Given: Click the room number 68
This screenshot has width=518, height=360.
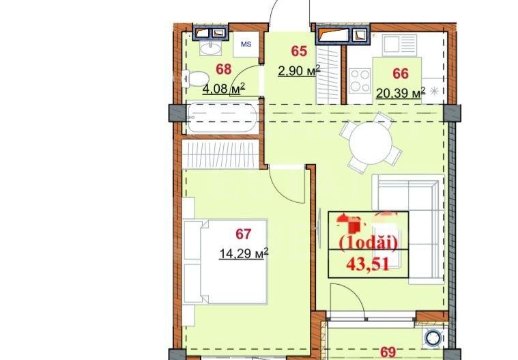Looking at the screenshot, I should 222,68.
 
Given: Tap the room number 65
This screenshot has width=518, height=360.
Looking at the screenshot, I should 298,50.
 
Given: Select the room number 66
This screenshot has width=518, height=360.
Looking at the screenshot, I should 401,72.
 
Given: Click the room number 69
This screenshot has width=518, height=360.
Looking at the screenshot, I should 388,352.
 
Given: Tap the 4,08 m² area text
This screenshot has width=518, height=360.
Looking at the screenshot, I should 222,88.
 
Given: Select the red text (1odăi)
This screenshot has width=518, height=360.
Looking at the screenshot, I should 369,243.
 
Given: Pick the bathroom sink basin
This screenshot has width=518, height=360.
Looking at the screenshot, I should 210,48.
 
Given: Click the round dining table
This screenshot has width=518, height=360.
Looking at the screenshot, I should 371,143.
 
